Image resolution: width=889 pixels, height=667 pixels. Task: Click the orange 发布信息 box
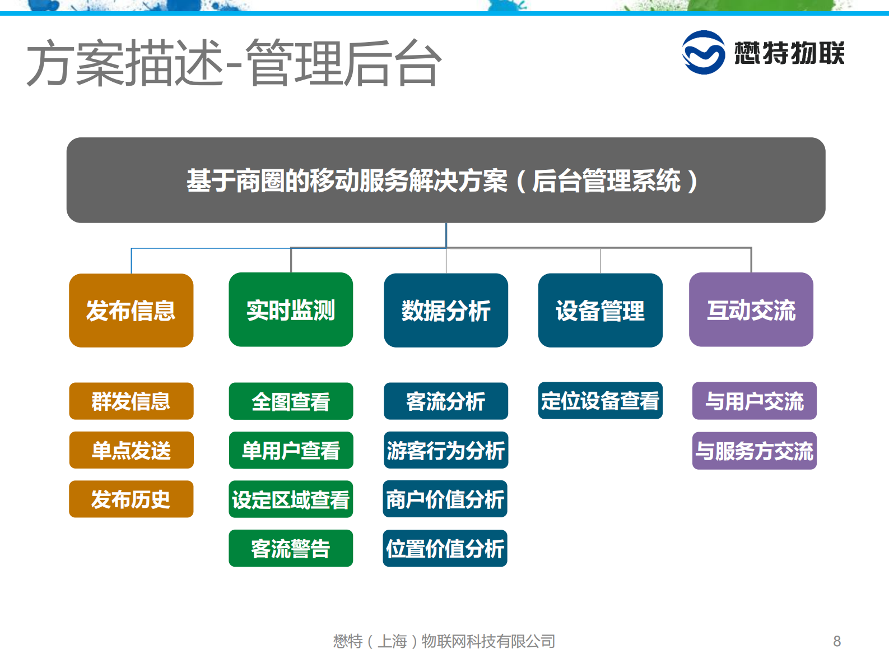click(131, 311)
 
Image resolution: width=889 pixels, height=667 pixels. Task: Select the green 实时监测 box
click(291, 310)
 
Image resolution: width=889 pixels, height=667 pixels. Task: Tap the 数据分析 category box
click(446, 311)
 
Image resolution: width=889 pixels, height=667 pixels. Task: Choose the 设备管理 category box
click(600, 311)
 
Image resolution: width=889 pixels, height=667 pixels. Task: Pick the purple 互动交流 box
click(751, 310)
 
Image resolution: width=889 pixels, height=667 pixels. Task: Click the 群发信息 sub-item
click(131, 401)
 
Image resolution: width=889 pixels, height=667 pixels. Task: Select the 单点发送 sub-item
click(131, 450)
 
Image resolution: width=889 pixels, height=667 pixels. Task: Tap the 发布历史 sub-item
click(131, 499)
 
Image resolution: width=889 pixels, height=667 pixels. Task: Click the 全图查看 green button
click(291, 401)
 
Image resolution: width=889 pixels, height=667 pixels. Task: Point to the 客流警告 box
click(291, 548)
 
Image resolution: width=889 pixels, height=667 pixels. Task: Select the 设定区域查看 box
click(291, 499)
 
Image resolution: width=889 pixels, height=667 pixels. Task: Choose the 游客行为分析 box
click(446, 450)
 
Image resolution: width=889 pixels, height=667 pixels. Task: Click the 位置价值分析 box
click(445, 548)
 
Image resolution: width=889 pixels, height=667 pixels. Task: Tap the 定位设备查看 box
click(600, 401)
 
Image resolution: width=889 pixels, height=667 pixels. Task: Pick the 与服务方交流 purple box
click(754, 451)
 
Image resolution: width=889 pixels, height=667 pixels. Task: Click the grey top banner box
click(445, 180)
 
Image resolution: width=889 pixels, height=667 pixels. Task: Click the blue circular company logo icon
click(703, 52)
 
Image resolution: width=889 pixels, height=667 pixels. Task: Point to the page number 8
click(837, 641)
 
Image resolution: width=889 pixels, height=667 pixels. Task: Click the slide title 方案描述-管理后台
click(234, 63)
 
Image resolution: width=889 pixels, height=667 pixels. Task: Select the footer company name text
click(444, 641)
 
